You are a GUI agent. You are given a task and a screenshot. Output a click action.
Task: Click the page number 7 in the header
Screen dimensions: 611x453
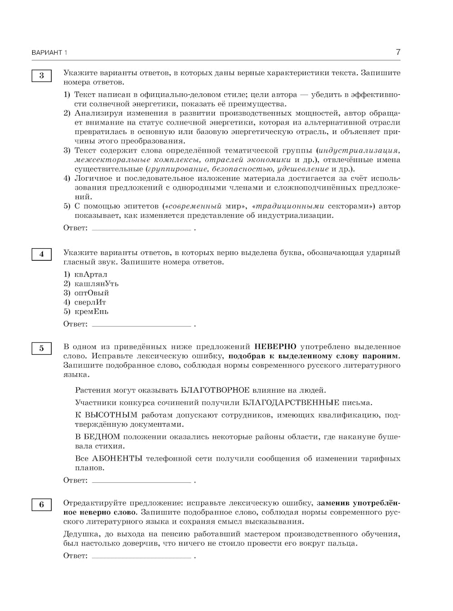pos(398,52)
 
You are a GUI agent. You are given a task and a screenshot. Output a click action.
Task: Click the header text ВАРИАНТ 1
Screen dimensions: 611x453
pos(49,53)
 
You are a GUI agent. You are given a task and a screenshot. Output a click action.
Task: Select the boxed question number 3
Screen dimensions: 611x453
pos(41,76)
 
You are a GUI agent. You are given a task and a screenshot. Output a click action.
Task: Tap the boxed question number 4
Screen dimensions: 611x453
pos(41,254)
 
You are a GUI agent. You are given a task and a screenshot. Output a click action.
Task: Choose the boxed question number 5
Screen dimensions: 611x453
pos(41,348)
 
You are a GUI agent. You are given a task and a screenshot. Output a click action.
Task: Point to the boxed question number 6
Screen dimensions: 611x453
pos(41,505)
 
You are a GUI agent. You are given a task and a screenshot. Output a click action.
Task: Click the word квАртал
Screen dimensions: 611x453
pos(91,274)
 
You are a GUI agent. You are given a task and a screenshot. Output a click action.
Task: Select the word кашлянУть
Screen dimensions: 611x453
pos(96,284)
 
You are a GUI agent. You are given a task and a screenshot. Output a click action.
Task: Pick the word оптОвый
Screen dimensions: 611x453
pos(92,293)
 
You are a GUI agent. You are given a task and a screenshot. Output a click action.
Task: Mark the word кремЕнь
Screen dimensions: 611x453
pos(91,312)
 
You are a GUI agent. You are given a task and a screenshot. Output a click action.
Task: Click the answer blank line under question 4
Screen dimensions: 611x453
pos(141,325)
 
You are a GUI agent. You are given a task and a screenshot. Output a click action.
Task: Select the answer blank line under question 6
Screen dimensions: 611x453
pos(141,557)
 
